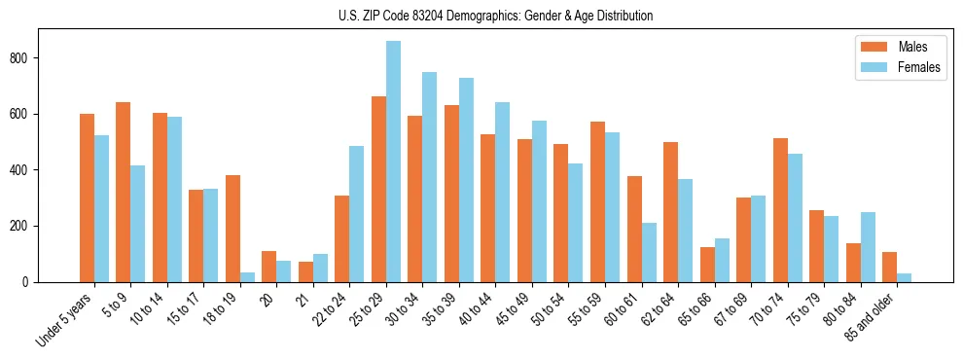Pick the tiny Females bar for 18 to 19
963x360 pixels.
click(x=247, y=277)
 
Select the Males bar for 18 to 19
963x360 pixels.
click(x=232, y=229)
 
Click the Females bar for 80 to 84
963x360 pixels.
click(x=868, y=247)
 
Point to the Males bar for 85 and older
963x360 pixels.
click(x=890, y=268)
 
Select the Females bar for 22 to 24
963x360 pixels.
click(x=357, y=214)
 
